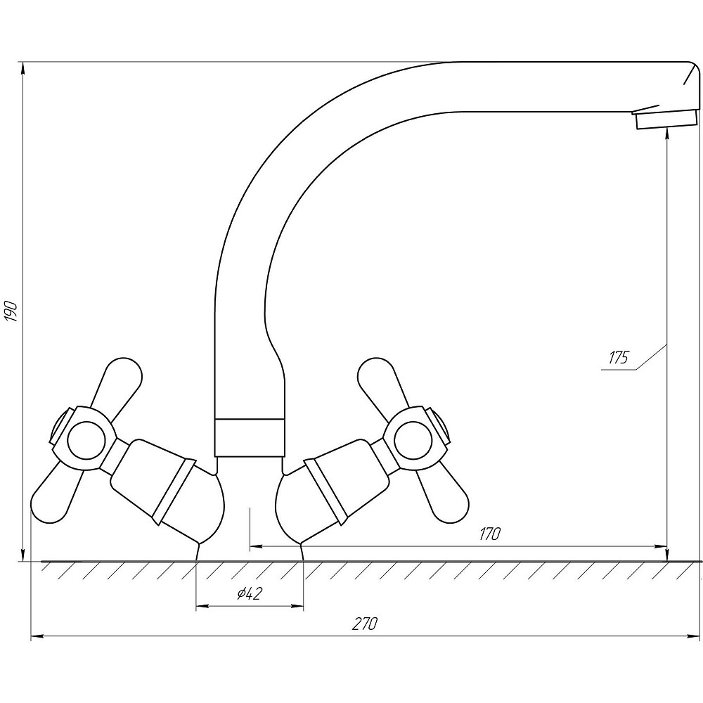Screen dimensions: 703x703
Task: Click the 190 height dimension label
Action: [x=11, y=311]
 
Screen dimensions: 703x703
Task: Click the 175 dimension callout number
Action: [x=619, y=358]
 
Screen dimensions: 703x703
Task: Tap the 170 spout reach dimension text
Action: [x=489, y=534]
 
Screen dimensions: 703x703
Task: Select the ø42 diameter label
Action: [x=250, y=594]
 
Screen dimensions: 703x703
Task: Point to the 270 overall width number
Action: [x=364, y=624]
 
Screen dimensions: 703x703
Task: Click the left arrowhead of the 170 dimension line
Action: [x=256, y=546]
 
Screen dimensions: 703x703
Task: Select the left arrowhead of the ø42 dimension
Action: [x=202, y=607]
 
